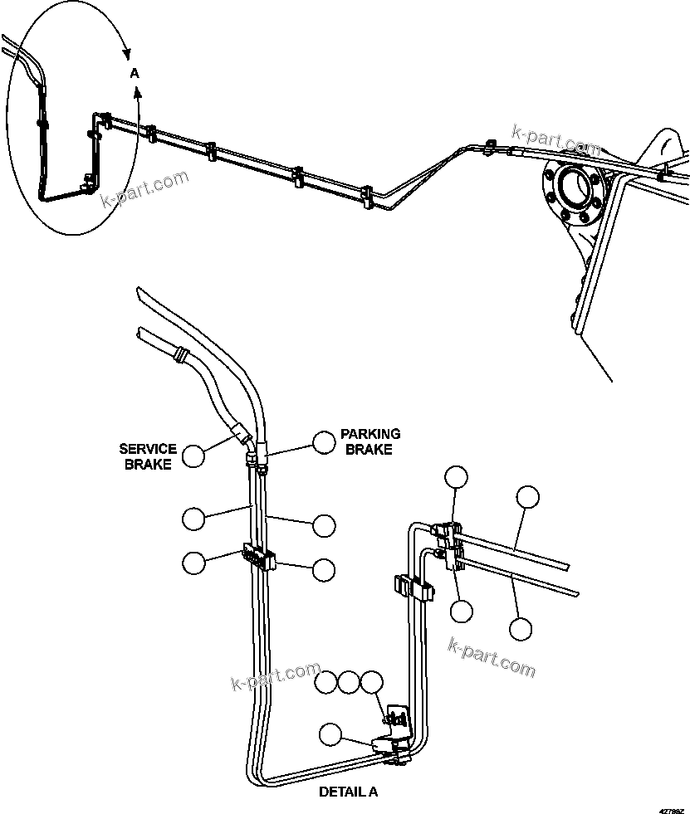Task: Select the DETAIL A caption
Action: [348, 792]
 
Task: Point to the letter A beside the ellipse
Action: [135, 74]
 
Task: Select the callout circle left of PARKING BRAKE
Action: [324, 441]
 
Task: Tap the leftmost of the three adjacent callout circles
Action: [326, 682]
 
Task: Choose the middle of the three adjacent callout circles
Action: [349, 682]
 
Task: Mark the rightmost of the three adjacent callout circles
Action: [371, 682]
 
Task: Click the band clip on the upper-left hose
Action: [176, 356]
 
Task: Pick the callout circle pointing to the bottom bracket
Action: [330, 734]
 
